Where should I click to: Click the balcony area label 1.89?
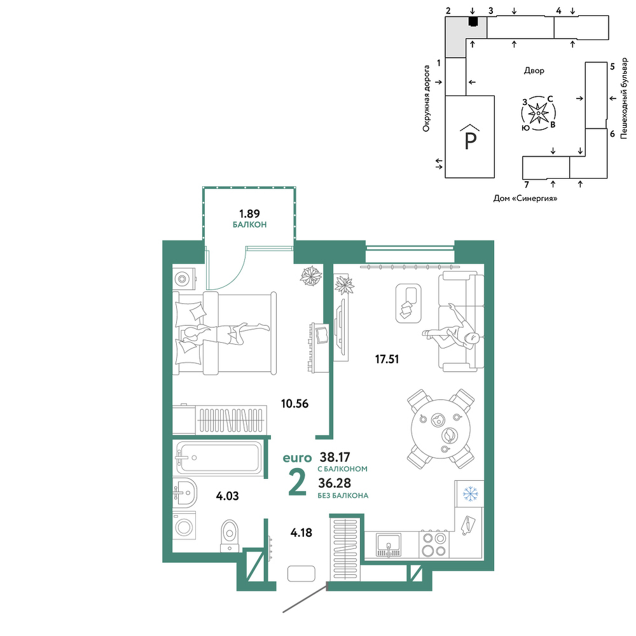[x=249, y=213]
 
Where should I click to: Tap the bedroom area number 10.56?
[x=295, y=404]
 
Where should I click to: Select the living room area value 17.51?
[x=387, y=359]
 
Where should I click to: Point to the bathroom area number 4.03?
[x=227, y=495]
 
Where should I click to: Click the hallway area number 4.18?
[x=301, y=532]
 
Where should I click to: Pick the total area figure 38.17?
[x=335, y=457]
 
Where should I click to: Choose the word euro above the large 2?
[x=297, y=459]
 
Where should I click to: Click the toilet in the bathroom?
[x=230, y=536]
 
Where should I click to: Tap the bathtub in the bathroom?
[x=219, y=457]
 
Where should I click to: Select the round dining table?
[x=441, y=429]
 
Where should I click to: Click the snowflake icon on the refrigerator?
[x=471, y=494]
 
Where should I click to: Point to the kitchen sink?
[x=388, y=544]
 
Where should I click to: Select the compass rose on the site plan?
[x=538, y=113]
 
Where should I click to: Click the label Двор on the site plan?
[x=534, y=71]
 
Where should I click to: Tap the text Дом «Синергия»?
[x=525, y=198]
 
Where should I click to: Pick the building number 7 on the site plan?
[x=527, y=185]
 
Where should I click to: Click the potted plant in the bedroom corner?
[x=311, y=276]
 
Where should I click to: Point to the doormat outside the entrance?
[x=301, y=574]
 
